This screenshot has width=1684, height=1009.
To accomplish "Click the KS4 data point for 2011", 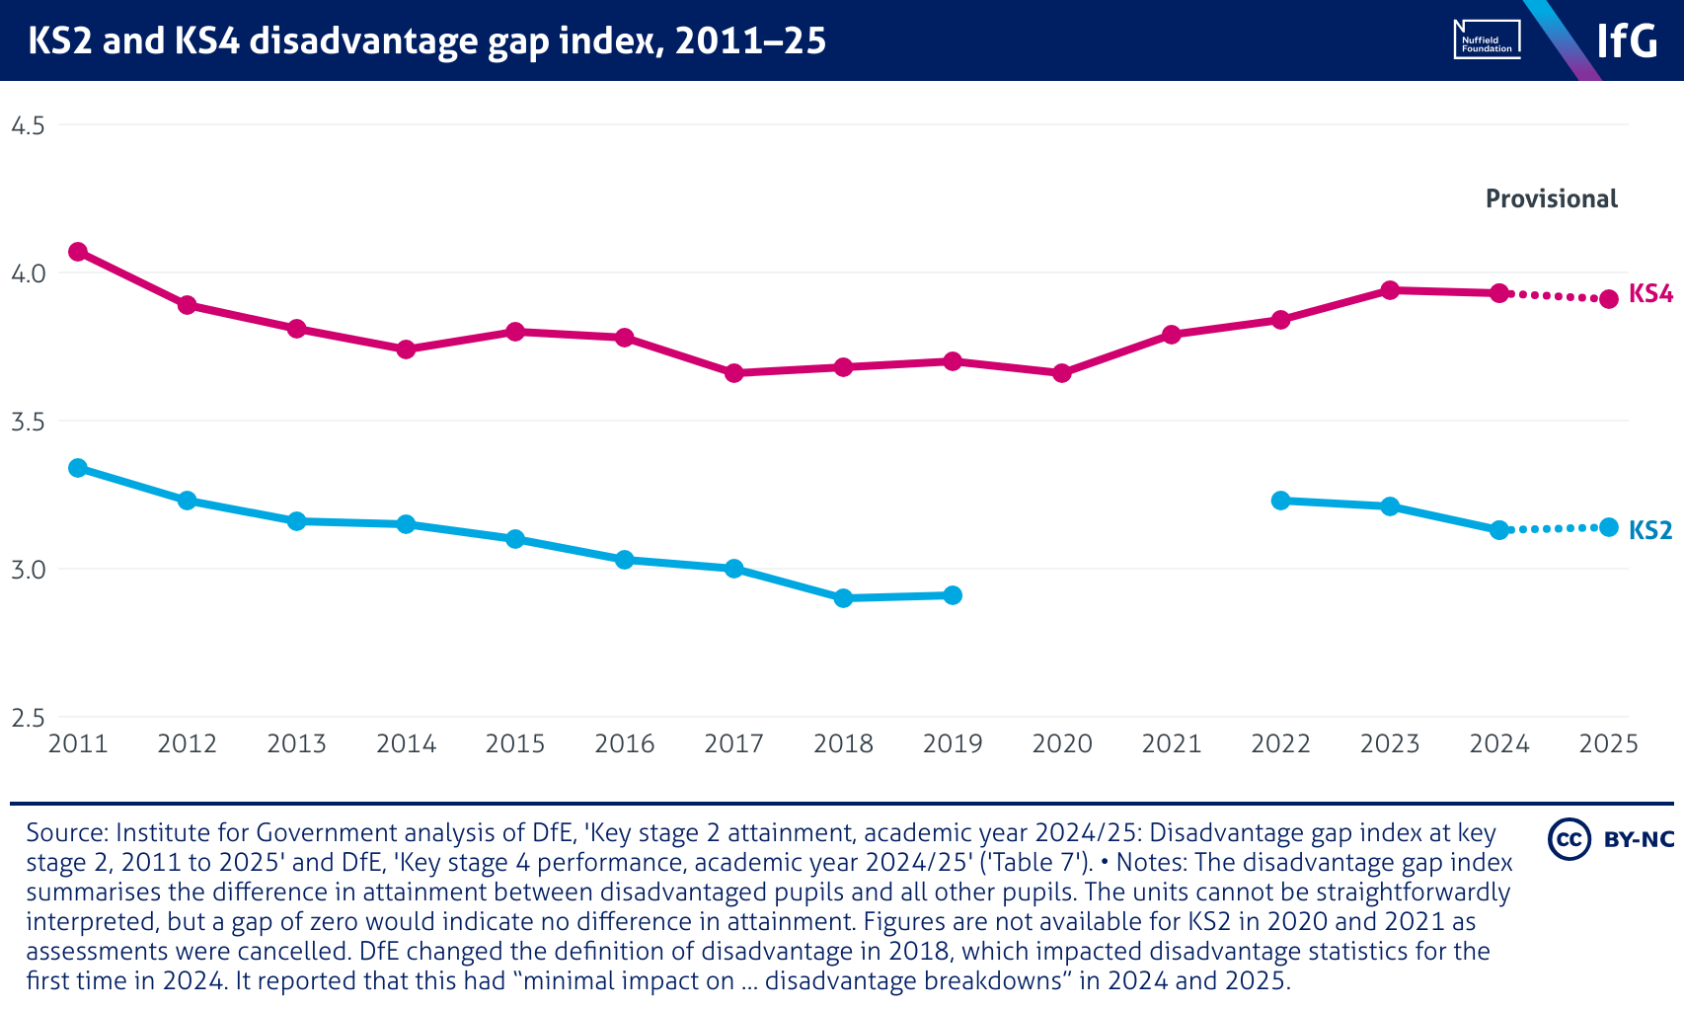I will coord(78,252).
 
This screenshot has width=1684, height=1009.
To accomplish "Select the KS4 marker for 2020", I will coord(1062,373).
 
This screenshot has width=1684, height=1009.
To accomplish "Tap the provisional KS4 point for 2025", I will coord(1609,298).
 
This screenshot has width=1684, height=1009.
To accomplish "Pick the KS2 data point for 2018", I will coord(843,598).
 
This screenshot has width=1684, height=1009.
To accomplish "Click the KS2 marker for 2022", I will coord(1281,501).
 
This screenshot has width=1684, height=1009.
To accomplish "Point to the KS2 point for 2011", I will coord(78,468).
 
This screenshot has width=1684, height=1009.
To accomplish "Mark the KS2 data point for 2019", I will coord(953,595).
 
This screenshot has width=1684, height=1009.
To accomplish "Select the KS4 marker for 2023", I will coord(1390,290).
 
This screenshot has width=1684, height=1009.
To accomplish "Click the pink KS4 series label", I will coord(1650,294).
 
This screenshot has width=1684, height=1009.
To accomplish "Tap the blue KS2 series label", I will coord(1650,531).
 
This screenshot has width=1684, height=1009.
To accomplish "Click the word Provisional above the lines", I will coord(1552,199).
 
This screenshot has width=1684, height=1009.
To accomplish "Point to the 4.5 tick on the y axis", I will coord(28,125).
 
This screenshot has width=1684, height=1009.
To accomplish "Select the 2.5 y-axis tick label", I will coord(28,718).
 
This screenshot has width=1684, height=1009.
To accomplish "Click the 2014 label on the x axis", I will coord(406,744).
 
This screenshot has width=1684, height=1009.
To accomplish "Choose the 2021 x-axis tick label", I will coord(1172,744).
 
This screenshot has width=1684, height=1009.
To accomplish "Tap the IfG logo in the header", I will coord(1627,40).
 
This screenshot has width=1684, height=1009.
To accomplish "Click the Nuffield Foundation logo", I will coord(1487,40).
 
